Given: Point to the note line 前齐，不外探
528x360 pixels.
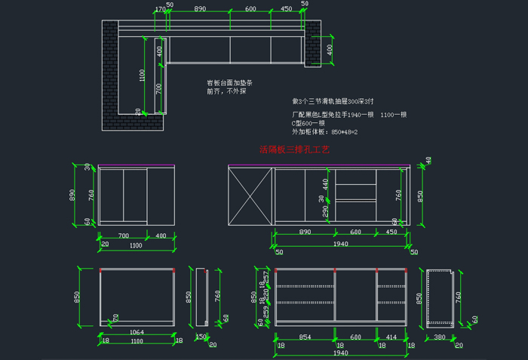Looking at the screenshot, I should [x=226, y=91].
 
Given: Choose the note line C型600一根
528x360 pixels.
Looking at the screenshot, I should [x=309, y=123].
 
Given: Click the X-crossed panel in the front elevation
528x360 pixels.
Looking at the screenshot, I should [x=250, y=196].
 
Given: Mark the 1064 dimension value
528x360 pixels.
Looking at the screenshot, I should [x=137, y=331].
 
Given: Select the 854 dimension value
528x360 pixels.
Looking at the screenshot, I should [x=305, y=336].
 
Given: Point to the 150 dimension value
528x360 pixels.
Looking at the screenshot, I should [x=201, y=337].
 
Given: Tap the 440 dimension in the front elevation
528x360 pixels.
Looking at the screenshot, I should [x=326, y=183].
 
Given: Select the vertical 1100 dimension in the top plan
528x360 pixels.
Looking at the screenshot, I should [x=141, y=75].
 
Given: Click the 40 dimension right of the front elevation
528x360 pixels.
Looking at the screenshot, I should [x=428, y=160].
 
